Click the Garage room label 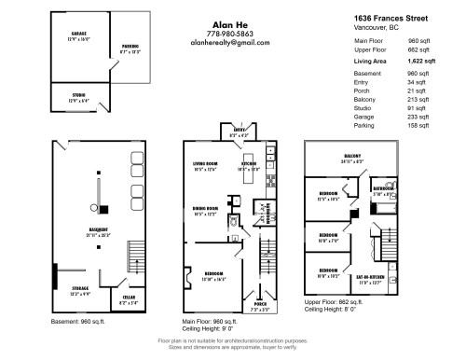tap(64, 35)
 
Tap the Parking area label tap(129, 48)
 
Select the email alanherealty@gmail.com tap(229, 43)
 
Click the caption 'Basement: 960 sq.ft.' tap(78, 321)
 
